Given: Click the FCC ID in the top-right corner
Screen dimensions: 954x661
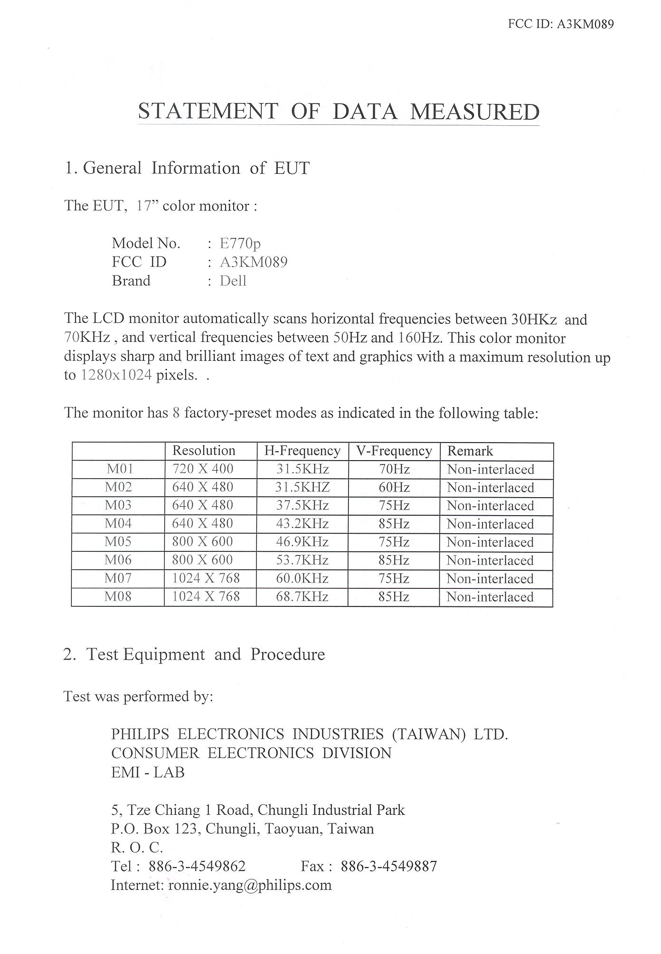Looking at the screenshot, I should pyautogui.click(x=561, y=24).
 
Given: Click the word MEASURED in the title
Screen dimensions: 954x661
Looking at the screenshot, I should pyautogui.click(x=474, y=112).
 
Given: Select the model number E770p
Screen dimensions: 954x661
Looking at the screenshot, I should pyautogui.click(x=240, y=244).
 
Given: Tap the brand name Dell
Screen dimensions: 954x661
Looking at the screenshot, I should pyautogui.click(x=233, y=281).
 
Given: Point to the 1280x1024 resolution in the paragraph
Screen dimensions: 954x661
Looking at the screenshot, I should pyautogui.click(x=116, y=375).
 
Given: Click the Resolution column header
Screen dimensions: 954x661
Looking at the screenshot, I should pyautogui.click(x=204, y=450).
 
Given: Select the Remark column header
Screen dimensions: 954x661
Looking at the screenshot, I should pyautogui.click(x=470, y=451).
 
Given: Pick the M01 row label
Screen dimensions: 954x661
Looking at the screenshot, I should pyautogui.click(x=120, y=469).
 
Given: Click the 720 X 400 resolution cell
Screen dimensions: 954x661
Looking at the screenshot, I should pyautogui.click(x=203, y=469).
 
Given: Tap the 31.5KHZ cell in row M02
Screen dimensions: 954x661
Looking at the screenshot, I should pyautogui.click(x=302, y=487).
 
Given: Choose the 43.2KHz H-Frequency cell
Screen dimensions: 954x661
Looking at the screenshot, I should pyautogui.click(x=302, y=523).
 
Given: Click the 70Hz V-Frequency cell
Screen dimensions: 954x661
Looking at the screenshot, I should pyautogui.click(x=394, y=469).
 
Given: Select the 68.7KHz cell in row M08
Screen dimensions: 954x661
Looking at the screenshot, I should pyautogui.click(x=302, y=596).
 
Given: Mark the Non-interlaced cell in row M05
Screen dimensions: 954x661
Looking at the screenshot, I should pyautogui.click(x=491, y=542).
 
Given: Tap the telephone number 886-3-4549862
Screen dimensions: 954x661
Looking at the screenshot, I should pyautogui.click(x=197, y=866).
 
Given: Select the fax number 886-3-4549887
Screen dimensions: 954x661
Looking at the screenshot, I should pyautogui.click(x=389, y=866).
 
